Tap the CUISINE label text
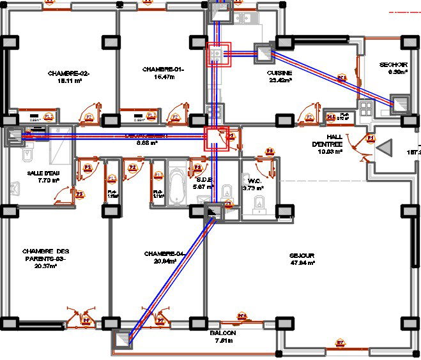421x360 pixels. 279,73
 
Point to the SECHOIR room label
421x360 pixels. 394,64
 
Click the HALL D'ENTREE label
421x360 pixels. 335,141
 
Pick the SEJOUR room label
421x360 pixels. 302,255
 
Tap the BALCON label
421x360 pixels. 222,333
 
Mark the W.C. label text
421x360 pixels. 256,181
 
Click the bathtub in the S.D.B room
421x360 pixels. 176,183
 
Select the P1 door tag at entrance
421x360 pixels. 369,138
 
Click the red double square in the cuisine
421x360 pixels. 218,55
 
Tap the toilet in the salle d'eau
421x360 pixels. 27,155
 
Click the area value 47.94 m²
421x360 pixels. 302,262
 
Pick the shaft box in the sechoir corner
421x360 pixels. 400,103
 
